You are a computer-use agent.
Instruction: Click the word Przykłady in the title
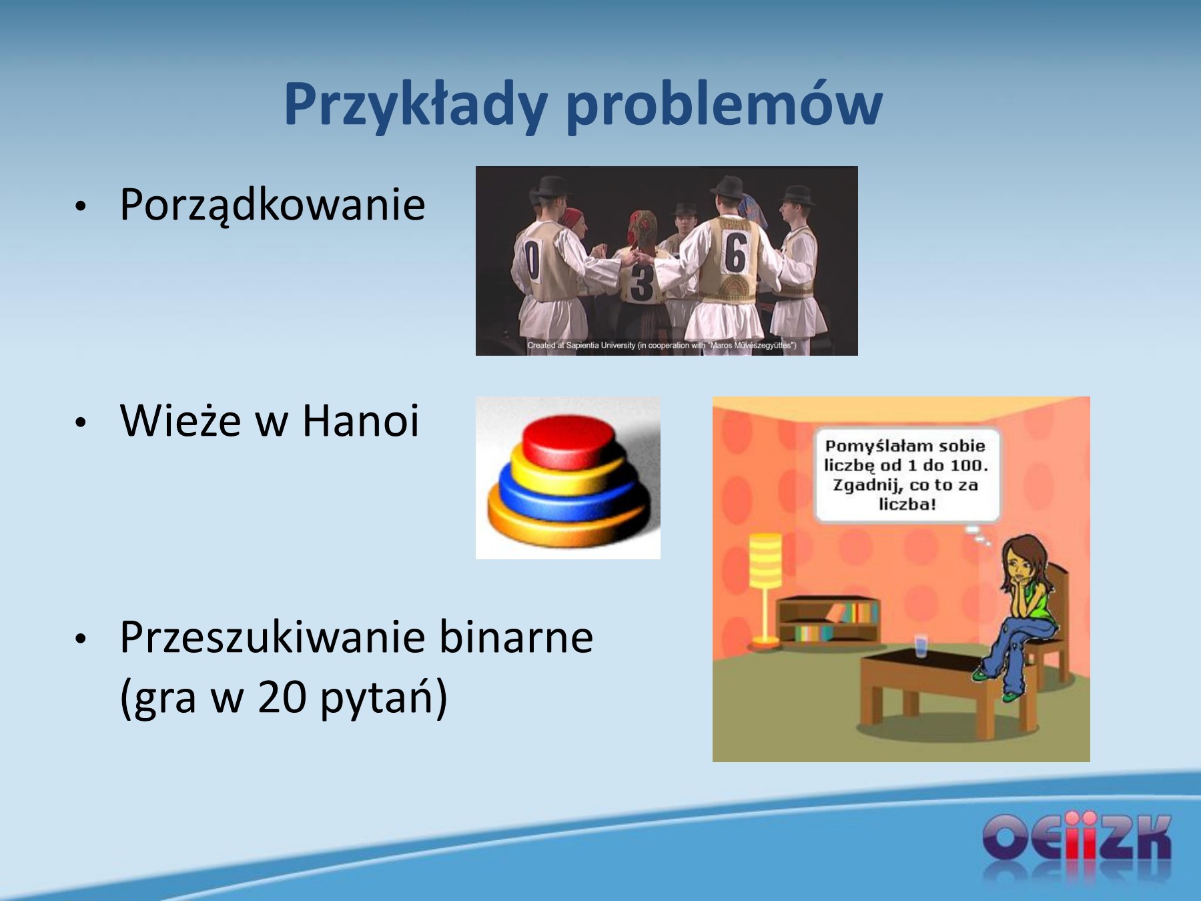click(416, 105)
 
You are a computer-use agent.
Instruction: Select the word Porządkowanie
click(272, 206)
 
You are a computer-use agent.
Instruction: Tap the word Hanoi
click(360, 420)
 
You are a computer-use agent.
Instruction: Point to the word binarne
click(516, 637)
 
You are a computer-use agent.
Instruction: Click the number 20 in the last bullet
click(282, 697)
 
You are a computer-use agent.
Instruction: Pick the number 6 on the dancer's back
click(735, 253)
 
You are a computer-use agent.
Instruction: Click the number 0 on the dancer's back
click(532, 261)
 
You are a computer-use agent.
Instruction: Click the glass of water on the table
click(921, 646)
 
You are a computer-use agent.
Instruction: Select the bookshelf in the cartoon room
click(827, 621)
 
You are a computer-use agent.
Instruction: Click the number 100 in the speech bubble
click(967, 465)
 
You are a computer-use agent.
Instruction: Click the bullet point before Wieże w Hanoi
click(81, 422)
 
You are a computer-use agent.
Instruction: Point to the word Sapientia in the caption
click(582, 345)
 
